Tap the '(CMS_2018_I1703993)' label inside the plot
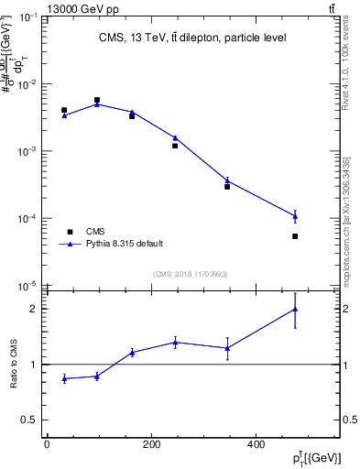(191, 274)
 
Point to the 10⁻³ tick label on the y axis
(30, 152)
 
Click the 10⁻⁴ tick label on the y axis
(30, 219)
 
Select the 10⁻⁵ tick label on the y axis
(30, 286)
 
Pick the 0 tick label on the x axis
(47, 445)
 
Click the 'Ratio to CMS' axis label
(16, 364)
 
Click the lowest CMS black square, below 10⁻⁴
(295, 236)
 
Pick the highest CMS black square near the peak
(97, 100)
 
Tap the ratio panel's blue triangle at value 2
(295, 309)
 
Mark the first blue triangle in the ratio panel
(64, 378)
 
